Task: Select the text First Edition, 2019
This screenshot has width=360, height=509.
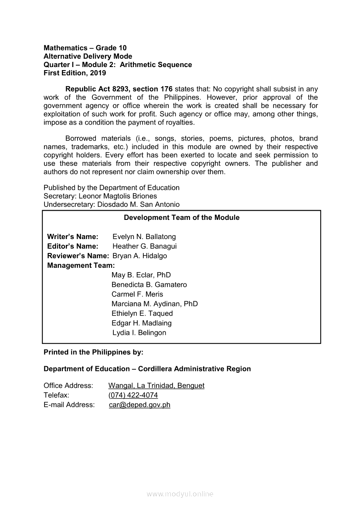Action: (x=75, y=73)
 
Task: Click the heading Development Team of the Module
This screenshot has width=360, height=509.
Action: (x=181, y=218)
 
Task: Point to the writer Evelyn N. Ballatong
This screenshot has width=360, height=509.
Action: (x=144, y=237)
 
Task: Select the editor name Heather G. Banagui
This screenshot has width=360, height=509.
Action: (x=145, y=246)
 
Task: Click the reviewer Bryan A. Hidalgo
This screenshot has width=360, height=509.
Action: (x=139, y=256)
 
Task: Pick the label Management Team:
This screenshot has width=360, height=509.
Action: (x=81, y=266)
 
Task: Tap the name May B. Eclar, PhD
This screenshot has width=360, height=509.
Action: (x=141, y=275)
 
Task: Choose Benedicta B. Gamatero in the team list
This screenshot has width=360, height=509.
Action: (x=149, y=285)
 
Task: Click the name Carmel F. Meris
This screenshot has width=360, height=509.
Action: (x=137, y=294)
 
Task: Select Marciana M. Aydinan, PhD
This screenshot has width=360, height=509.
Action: (x=155, y=304)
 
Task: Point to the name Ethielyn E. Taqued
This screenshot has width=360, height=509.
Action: (x=142, y=313)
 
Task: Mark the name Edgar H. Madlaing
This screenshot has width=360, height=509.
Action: (x=142, y=323)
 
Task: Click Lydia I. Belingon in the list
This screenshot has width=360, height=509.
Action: (x=139, y=333)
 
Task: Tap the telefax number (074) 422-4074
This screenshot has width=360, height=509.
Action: (x=133, y=395)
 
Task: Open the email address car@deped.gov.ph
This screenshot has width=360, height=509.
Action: (x=139, y=405)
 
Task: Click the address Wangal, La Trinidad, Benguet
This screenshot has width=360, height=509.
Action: (x=156, y=386)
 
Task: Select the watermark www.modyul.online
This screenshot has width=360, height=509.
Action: (x=180, y=494)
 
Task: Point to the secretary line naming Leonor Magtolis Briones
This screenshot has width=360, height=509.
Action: (x=100, y=196)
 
